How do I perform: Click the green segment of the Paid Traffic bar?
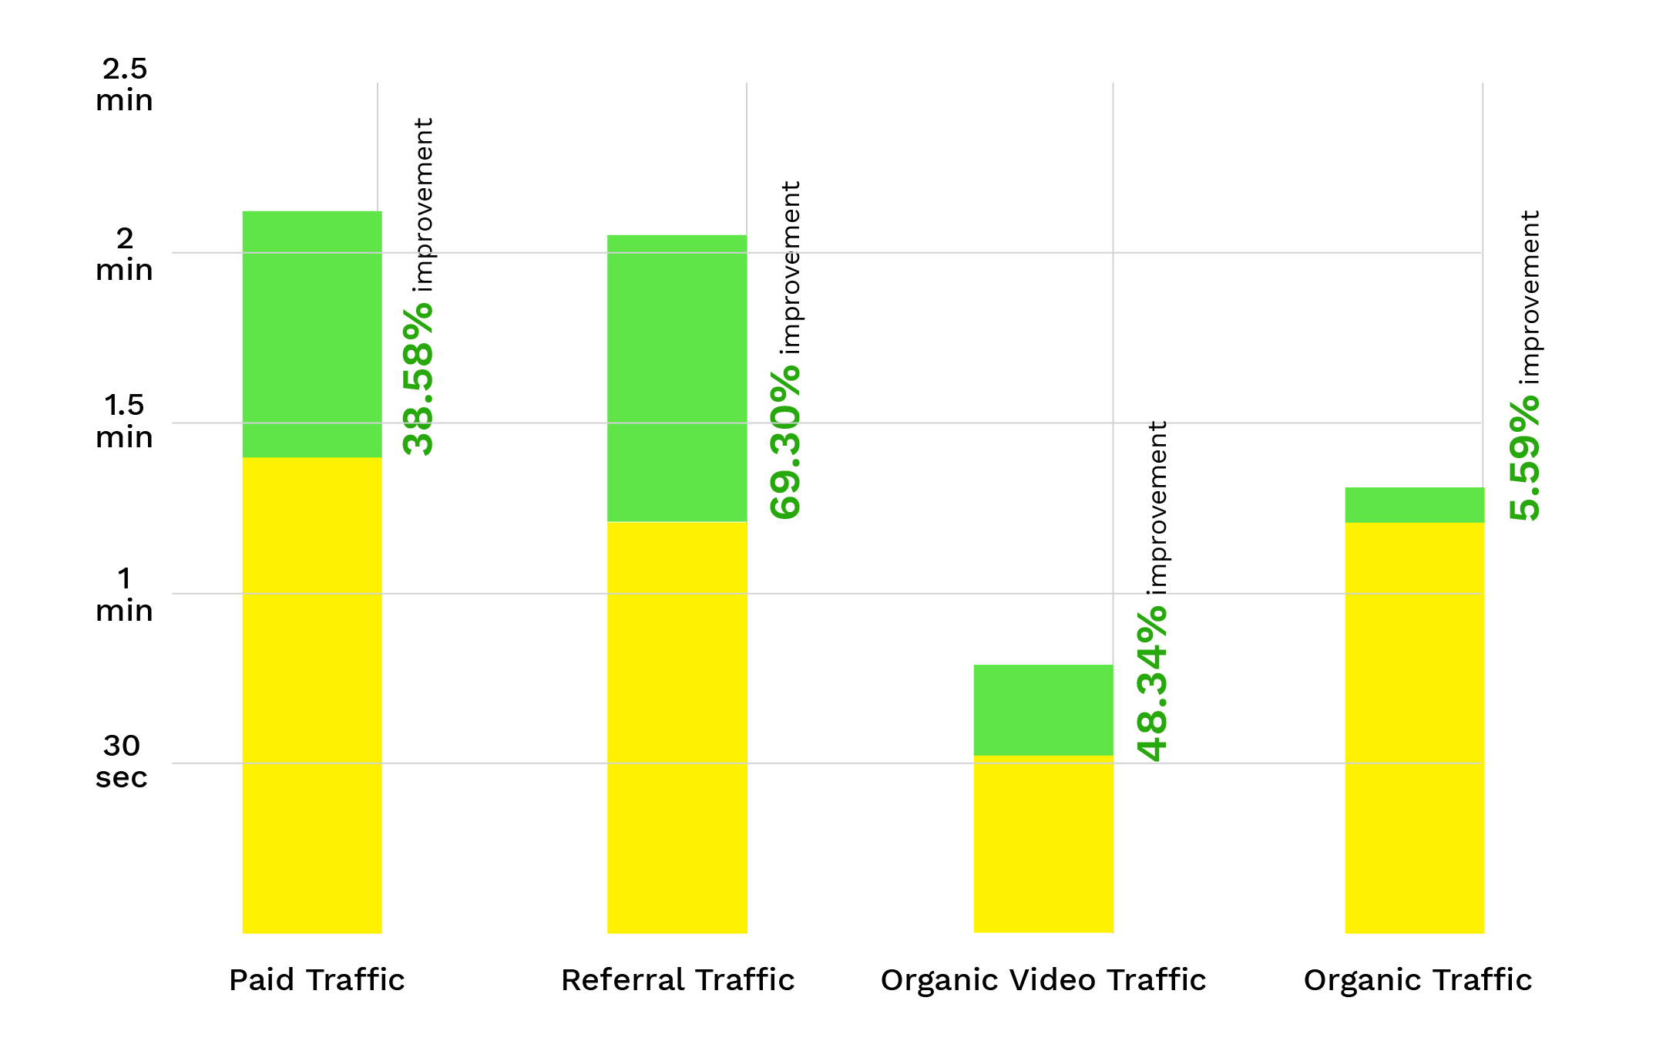(x=312, y=334)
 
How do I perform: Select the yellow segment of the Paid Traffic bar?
(x=312, y=694)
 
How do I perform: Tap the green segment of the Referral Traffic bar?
(x=677, y=378)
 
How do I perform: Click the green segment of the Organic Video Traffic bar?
(x=1043, y=709)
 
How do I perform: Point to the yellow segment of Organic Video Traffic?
(x=1043, y=844)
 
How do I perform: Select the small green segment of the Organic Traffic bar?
(x=1414, y=505)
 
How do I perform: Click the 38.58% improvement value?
(x=418, y=378)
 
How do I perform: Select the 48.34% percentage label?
(x=1152, y=684)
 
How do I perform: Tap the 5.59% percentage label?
(x=1524, y=460)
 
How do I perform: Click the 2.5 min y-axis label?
(x=124, y=84)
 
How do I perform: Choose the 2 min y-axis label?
(x=124, y=254)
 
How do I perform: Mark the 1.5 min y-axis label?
(x=124, y=421)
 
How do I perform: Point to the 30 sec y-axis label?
(x=122, y=761)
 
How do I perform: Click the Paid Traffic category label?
(x=317, y=980)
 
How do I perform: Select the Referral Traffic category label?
(x=677, y=980)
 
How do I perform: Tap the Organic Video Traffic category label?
(x=1043, y=980)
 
